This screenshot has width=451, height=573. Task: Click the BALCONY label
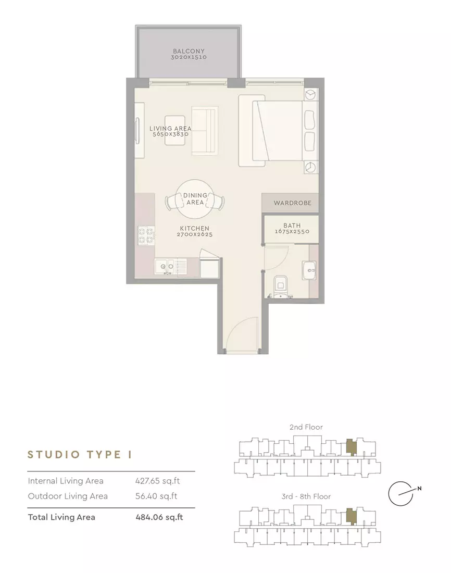189,51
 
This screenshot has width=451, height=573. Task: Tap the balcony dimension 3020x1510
189,57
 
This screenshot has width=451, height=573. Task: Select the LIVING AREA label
170,128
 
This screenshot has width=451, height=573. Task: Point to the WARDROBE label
292,203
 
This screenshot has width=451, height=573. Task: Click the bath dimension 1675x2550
292,231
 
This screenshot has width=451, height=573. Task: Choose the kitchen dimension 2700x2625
194,234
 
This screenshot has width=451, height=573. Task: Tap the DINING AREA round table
195,199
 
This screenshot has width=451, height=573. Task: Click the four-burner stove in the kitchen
146,235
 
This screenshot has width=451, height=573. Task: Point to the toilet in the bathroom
281,285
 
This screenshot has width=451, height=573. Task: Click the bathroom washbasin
309,270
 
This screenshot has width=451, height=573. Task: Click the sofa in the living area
205,130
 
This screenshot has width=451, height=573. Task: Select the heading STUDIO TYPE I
80,455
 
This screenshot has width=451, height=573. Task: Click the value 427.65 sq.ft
157,481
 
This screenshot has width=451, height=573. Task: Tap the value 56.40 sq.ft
156,496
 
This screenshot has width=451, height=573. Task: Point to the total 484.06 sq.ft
159,517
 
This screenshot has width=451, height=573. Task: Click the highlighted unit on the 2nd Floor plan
351,446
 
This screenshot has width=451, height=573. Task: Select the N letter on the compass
419,488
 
